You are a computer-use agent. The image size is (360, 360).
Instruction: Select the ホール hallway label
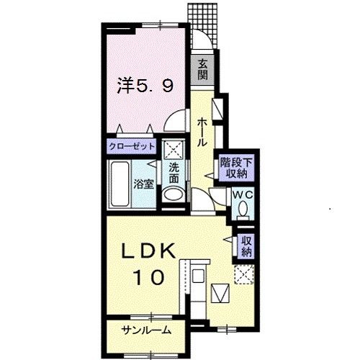coord(202,131)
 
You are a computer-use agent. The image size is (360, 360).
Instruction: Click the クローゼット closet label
coord(132,147)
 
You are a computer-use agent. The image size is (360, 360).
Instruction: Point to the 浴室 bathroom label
coord(144,183)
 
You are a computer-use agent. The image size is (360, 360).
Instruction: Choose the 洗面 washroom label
coord(174,174)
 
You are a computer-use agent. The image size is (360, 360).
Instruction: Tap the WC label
coord(241,194)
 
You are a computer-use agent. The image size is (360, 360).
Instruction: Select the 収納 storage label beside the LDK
coord(246,247)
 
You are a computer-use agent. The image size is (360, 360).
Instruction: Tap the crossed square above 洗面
coord(174,151)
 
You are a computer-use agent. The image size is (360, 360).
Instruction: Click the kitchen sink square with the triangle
coord(220,293)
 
